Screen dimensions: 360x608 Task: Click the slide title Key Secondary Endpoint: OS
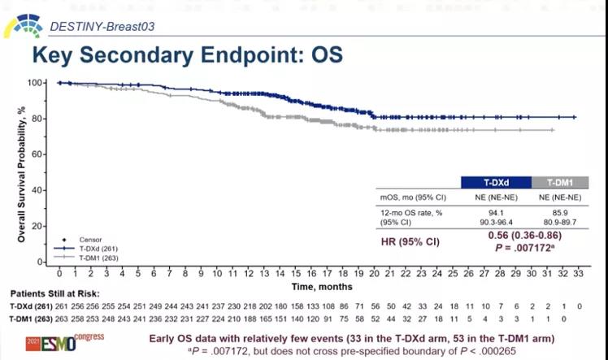click(x=186, y=55)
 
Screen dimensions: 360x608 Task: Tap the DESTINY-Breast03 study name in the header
click(x=102, y=26)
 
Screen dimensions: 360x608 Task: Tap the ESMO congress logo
click(x=68, y=341)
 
